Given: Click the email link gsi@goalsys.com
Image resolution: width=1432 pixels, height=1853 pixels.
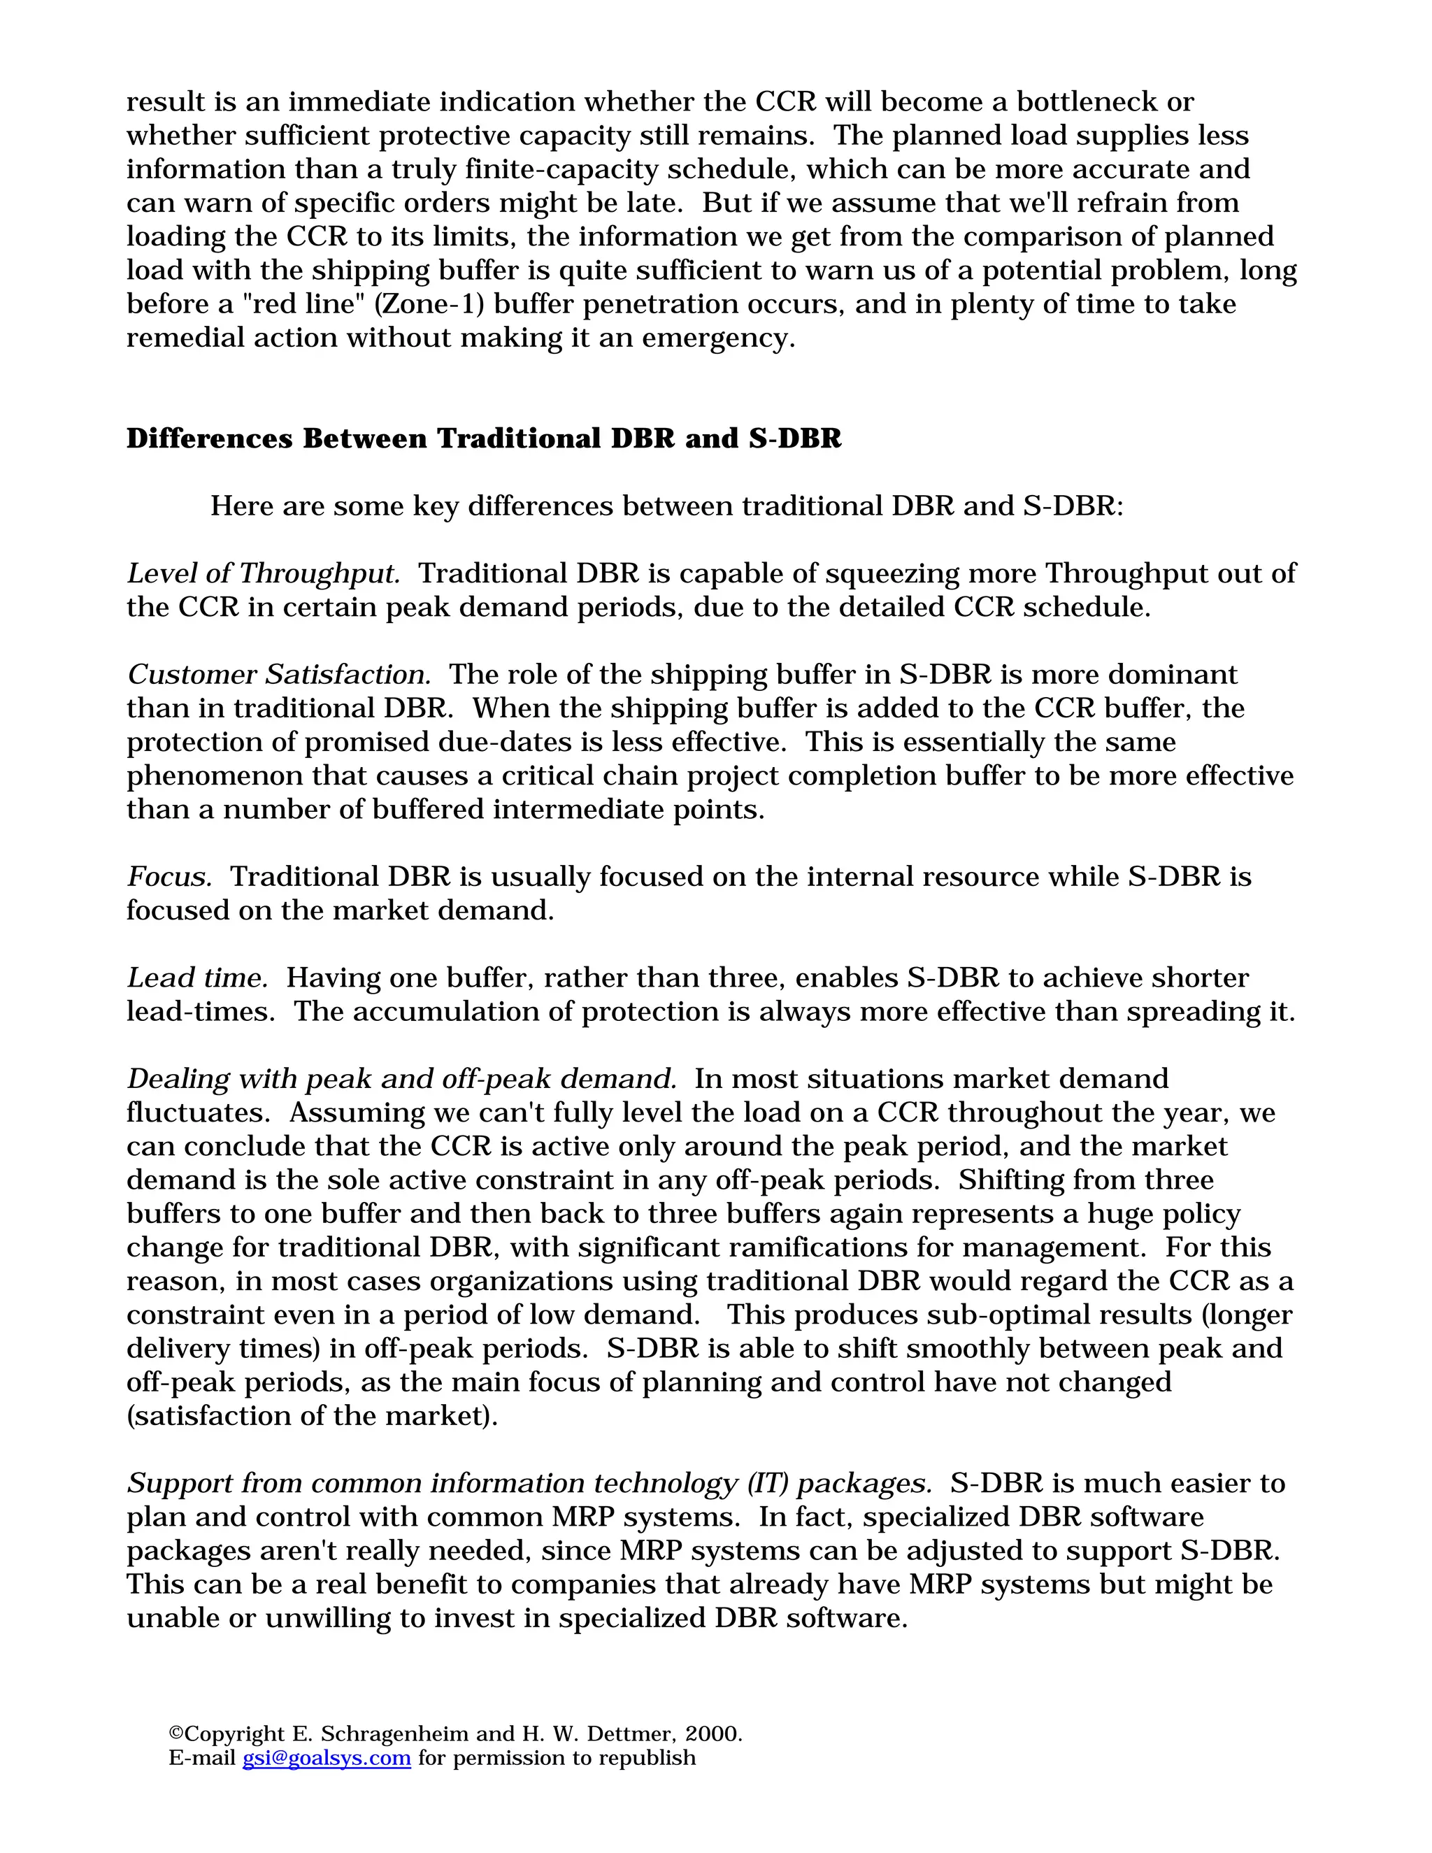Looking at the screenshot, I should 327,1757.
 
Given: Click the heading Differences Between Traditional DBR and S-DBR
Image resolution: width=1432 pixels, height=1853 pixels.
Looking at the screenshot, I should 484,438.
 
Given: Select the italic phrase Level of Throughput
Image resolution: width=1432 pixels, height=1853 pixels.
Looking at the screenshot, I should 263,573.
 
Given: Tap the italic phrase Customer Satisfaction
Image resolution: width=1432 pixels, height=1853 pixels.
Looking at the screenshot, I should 279,675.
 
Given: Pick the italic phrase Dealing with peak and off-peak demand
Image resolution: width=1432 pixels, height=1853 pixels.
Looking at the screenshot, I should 401,1079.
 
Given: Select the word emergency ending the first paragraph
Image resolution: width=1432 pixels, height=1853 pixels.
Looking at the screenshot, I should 717,338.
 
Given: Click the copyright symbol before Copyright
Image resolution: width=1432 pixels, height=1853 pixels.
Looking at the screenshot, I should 176,1733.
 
